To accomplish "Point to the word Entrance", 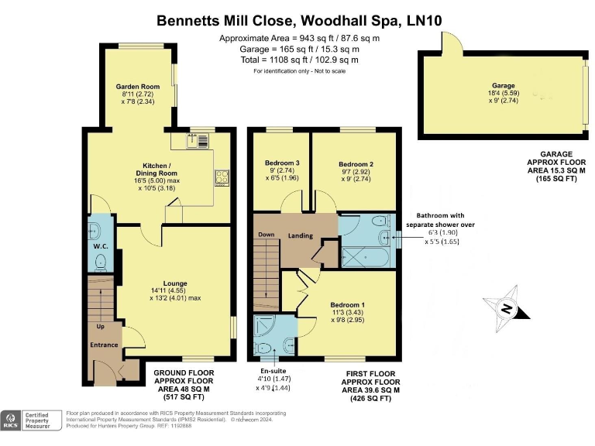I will pos(104,345).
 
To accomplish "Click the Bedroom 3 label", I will pos(282,163).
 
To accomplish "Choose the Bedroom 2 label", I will pos(356,164).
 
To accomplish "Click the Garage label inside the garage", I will pos(504,86).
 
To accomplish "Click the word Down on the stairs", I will pos(267,235).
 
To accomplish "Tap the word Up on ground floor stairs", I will pos(100,328).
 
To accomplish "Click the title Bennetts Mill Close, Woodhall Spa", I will pos(297,21).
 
